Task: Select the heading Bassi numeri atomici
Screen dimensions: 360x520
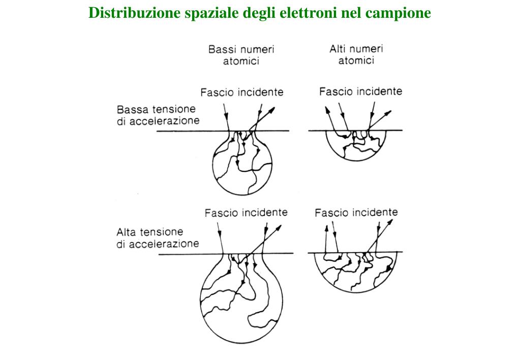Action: (x=241, y=55)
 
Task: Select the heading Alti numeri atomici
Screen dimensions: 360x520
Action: (x=356, y=54)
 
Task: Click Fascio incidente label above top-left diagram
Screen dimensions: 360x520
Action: (x=241, y=93)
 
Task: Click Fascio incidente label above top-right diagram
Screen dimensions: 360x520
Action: (x=360, y=92)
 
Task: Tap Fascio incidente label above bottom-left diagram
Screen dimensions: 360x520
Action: (x=246, y=213)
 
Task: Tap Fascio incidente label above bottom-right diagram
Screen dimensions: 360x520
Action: (x=356, y=212)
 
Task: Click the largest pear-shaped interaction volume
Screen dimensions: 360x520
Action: (x=241, y=300)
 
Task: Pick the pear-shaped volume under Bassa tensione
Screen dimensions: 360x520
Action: (x=241, y=165)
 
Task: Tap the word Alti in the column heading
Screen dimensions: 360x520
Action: (x=339, y=49)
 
